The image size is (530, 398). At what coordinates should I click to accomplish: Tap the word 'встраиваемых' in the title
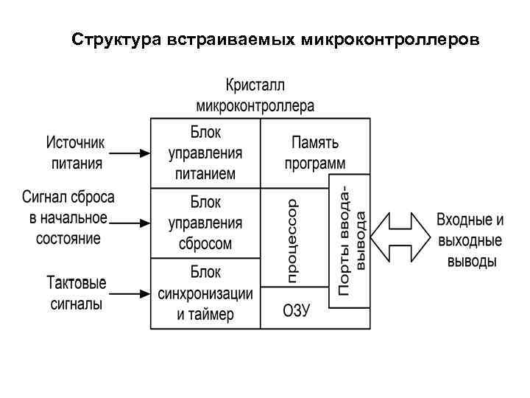pos(222,38)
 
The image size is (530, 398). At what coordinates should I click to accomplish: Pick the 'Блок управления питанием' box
pos(205,153)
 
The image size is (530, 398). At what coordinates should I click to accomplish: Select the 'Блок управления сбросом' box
pos(205,223)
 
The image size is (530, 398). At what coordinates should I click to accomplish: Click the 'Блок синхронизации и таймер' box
pos(205,293)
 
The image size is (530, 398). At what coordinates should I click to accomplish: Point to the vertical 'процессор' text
pos(292,240)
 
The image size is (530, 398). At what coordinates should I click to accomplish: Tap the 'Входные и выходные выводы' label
pos(470,240)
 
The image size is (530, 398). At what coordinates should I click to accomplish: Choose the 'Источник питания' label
pos(77,153)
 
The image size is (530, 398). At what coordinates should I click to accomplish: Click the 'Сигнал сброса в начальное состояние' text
pos(68,218)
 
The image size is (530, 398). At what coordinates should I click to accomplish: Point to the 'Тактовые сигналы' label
pos(77,293)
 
